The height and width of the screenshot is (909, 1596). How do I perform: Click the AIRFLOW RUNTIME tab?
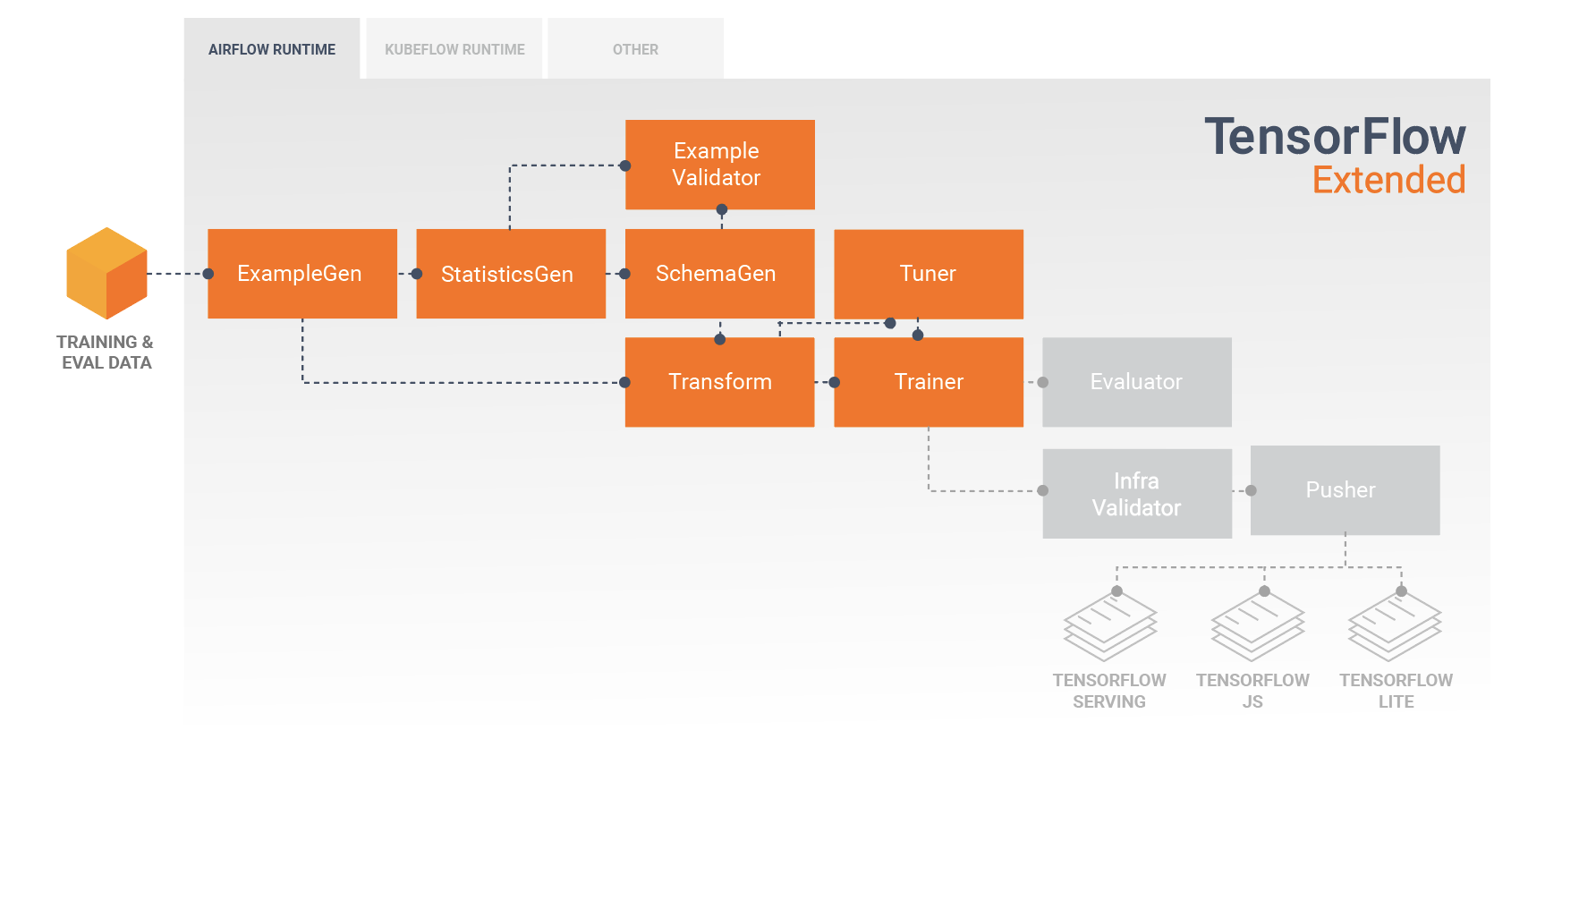(x=272, y=49)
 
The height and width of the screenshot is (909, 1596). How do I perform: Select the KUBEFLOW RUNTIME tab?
(x=454, y=49)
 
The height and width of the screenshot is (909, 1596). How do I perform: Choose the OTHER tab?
(x=635, y=49)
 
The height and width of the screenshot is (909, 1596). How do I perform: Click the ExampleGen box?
(x=301, y=274)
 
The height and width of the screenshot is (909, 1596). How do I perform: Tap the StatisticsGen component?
(x=510, y=274)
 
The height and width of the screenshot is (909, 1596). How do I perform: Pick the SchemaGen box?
(x=719, y=274)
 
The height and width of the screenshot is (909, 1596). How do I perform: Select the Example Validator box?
(x=719, y=165)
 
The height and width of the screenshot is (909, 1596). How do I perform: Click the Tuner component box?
(x=928, y=274)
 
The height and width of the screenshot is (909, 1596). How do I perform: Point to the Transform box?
(x=719, y=382)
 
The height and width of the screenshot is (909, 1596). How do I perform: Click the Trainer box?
(x=928, y=382)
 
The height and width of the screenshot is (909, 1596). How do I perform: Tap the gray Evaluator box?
(x=1136, y=382)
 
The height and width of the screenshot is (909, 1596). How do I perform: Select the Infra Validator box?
(x=1136, y=494)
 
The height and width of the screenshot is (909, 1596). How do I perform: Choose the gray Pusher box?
(x=1345, y=490)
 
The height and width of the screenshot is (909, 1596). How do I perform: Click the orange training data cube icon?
(x=106, y=274)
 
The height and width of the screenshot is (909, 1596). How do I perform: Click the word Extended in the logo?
(x=1388, y=180)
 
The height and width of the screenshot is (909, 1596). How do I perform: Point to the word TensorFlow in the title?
(x=1334, y=137)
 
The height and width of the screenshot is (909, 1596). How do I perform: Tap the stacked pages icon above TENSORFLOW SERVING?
(x=1109, y=626)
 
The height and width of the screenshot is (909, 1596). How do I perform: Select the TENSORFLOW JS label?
(x=1252, y=691)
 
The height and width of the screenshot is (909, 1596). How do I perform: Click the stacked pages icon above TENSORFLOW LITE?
(x=1395, y=626)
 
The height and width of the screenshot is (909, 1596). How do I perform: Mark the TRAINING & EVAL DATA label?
(x=106, y=353)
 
